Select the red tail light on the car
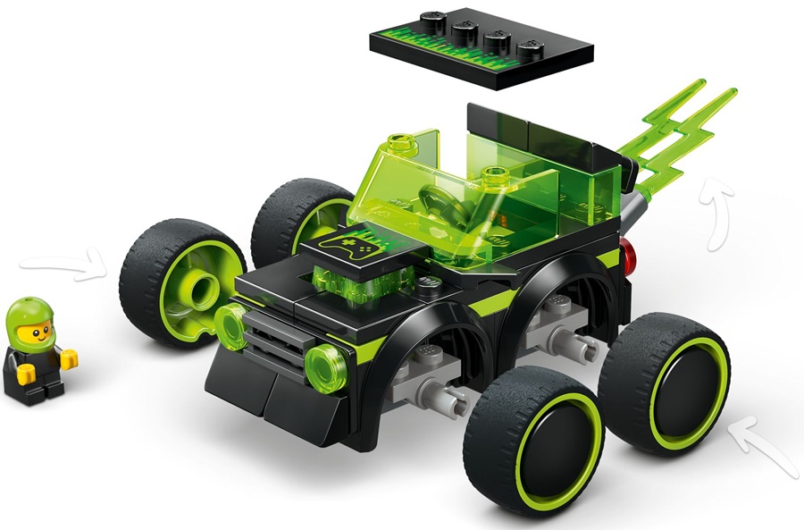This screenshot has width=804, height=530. [632, 257]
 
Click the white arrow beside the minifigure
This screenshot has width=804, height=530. [63, 265]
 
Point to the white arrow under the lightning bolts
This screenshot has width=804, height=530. [718, 214]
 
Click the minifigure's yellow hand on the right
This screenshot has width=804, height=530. [69, 358]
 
